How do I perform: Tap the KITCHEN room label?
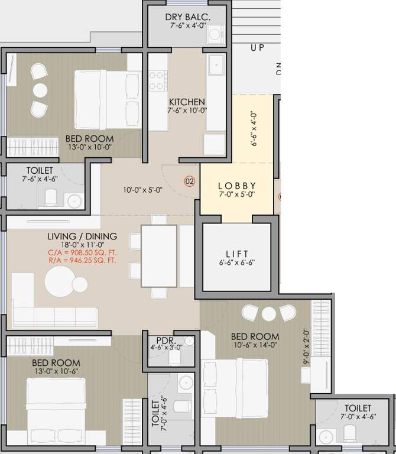(187, 102)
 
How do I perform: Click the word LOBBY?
(236, 184)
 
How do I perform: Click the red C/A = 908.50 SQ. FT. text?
(82, 252)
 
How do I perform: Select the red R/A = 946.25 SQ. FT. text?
(82, 259)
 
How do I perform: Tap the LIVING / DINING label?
(82, 236)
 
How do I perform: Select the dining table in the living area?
(158, 255)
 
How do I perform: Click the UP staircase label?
(257, 48)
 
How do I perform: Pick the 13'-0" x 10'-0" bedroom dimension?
(89, 148)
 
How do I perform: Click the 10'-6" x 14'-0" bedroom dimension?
(255, 345)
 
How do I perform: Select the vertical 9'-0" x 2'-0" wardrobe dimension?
(306, 346)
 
